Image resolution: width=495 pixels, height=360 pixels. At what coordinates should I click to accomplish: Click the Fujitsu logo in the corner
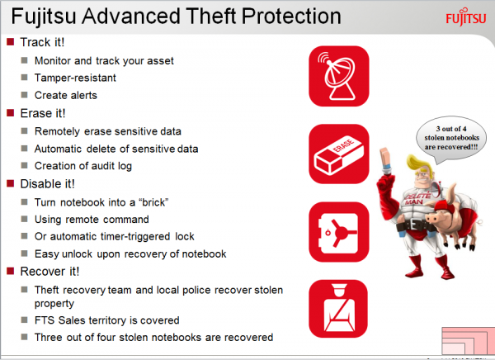(x=465, y=17)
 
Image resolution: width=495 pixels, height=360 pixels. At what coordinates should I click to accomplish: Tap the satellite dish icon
(x=339, y=76)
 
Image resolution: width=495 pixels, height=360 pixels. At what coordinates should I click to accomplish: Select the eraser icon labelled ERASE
(x=339, y=154)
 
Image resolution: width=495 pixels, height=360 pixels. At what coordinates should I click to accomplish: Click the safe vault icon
(x=339, y=232)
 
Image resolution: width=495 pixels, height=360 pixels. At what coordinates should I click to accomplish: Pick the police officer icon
(x=338, y=309)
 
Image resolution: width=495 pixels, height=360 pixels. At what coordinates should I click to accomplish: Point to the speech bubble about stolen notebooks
(x=451, y=140)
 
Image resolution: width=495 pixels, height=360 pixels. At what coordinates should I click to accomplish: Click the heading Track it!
(x=42, y=42)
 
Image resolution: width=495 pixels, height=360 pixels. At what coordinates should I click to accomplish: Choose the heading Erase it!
(x=43, y=113)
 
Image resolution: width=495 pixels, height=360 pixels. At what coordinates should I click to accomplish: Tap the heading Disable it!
(x=47, y=183)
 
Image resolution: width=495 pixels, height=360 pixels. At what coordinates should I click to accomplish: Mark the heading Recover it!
(x=49, y=271)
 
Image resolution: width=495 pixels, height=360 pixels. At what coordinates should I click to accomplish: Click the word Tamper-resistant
(x=75, y=78)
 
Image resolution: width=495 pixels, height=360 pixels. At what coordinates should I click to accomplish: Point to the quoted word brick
(x=153, y=202)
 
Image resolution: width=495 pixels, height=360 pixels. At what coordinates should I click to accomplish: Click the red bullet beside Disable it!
(x=11, y=183)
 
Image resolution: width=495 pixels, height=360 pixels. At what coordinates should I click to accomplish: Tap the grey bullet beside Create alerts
(x=24, y=94)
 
